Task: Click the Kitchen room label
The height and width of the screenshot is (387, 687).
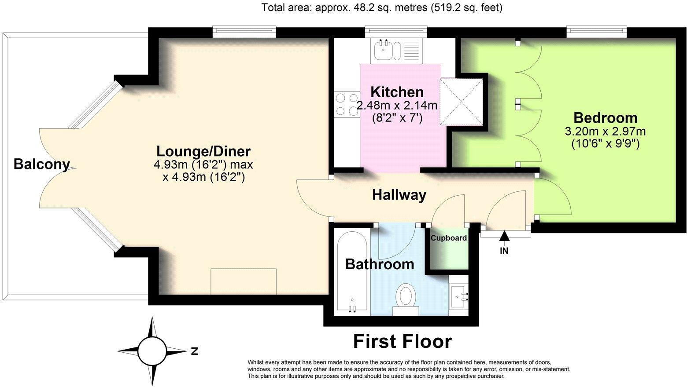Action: [x=397, y=92]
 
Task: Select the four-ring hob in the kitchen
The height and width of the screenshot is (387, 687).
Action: [x=347, y=105]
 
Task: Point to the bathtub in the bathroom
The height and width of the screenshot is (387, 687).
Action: [x=352, y=270]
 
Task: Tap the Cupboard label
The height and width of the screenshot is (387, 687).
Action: [x=448, y=238]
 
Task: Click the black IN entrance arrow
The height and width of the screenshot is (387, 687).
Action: [x=504, y=237]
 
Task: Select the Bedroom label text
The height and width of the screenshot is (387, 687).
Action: [x=605, y=118]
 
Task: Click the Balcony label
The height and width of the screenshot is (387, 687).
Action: [x=41, y=164]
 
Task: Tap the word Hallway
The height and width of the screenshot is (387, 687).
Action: [x=399, y=195]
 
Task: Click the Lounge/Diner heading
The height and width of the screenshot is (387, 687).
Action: [x=203, y=151]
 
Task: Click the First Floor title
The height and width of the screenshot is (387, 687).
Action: [x=403, y=342]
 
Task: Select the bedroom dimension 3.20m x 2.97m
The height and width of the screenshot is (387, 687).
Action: [x=605, y=131]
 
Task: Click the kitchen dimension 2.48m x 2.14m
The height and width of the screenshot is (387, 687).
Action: [x=397, y=106]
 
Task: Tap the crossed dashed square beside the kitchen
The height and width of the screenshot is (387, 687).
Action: [x=461, y=101]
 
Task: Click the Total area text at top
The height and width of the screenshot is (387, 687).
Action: [x=382, y=7]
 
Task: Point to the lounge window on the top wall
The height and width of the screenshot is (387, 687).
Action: [x=244, y=32]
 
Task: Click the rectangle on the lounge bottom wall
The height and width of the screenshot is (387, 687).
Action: [x=244, y=281]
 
